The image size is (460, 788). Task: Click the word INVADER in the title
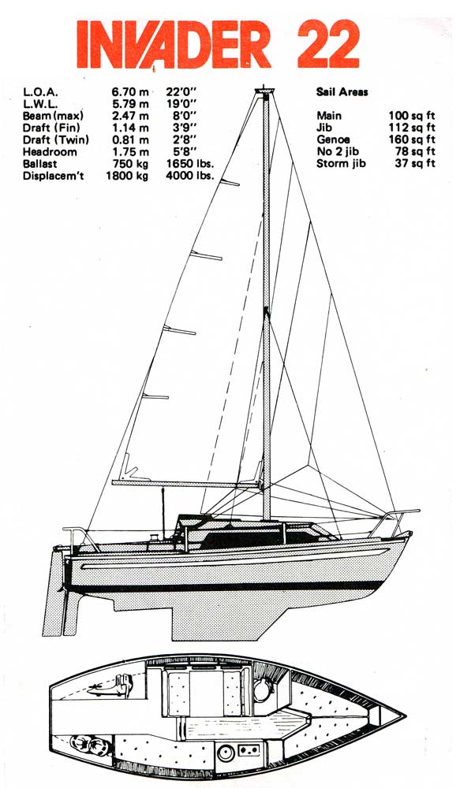coord(174,43)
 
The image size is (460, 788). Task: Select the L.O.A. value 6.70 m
coord(130,92)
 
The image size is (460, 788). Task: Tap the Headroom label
coord(50,152)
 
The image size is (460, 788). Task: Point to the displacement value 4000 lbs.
coord(189,176)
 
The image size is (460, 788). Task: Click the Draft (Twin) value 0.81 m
coord(130,139)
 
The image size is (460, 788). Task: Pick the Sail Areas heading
coord(342,92)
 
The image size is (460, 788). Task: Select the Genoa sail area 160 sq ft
coord(412,139)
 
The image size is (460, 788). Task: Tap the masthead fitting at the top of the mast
coord(265,91)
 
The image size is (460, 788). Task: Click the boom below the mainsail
coord(186,484)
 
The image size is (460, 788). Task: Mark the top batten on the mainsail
coord(229,183)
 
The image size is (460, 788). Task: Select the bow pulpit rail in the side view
coord(396,521)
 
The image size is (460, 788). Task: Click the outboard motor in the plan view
coord(110,686)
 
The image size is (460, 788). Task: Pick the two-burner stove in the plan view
coord(247,751)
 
